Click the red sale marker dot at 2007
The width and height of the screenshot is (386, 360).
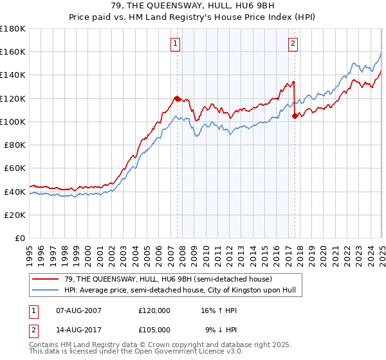(x=177, y=98)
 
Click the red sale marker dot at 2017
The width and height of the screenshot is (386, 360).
(x=295, y=116)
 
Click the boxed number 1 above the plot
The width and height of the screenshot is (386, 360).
(x=175, y=44)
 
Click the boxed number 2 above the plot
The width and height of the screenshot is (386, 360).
(x=293, y=44)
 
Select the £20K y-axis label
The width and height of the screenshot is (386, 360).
(x=15, y=215)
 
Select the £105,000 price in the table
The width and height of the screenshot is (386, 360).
(x=154, y=329)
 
